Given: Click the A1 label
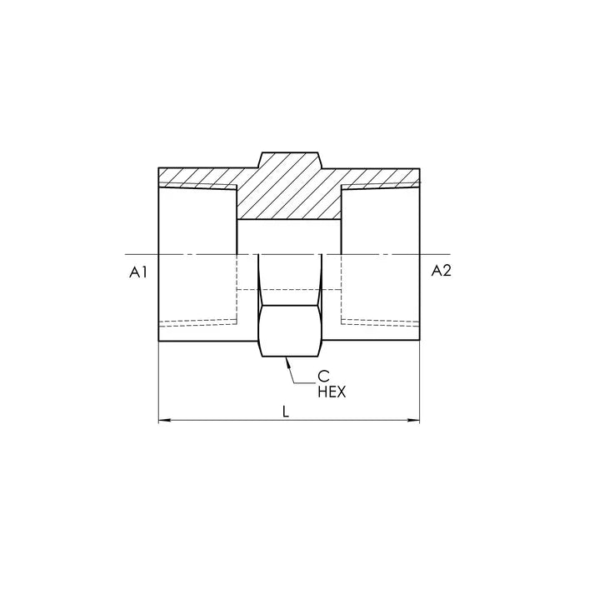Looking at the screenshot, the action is click(138, 272).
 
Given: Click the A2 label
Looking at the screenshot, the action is click(442, 271).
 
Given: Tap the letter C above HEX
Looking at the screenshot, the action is click(323, 377).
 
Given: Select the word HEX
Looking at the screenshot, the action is click(332, 392).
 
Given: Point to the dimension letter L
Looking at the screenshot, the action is click(286, 412).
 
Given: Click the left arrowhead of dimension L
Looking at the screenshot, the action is click(164, 420).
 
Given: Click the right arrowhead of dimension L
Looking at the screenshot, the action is click(414, 420).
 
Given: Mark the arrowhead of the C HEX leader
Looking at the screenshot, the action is click(287, 362).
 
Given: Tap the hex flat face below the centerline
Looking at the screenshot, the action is click(290, 331).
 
